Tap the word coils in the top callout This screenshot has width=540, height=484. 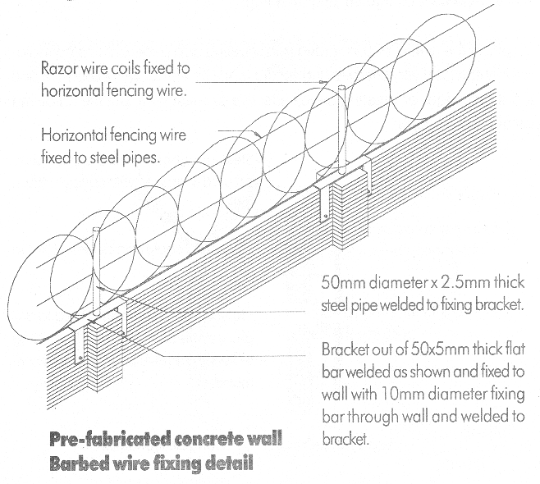[x=126, y=68]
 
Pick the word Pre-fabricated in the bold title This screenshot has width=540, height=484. [x=110, y=439]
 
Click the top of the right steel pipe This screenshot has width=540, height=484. [x=341, y=88]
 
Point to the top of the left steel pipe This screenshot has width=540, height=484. [x=97, y=230]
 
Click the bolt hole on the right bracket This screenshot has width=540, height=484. [x=326, y=217]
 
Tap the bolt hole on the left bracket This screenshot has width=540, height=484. [x=80, y=358]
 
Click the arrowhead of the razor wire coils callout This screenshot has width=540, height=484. [x=323, y=82]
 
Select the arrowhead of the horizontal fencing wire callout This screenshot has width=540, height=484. [x=257, y=135]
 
